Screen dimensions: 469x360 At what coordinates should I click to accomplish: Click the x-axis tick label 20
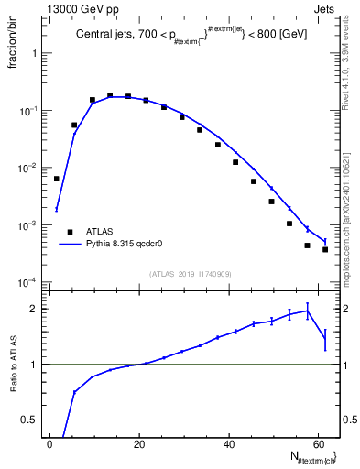(x=139, y=445)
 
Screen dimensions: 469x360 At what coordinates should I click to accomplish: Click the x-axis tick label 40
(x=230, y=445)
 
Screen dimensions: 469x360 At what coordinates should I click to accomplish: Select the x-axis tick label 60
(x=320, y=445)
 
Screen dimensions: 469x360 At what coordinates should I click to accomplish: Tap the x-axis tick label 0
(x=49, y=445)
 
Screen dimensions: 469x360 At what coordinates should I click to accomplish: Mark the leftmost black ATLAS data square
(x=57, y=179)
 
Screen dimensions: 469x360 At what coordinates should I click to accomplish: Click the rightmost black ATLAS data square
(x=325, y=249)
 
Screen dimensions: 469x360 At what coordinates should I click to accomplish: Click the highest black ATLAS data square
(x=110, y=95)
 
